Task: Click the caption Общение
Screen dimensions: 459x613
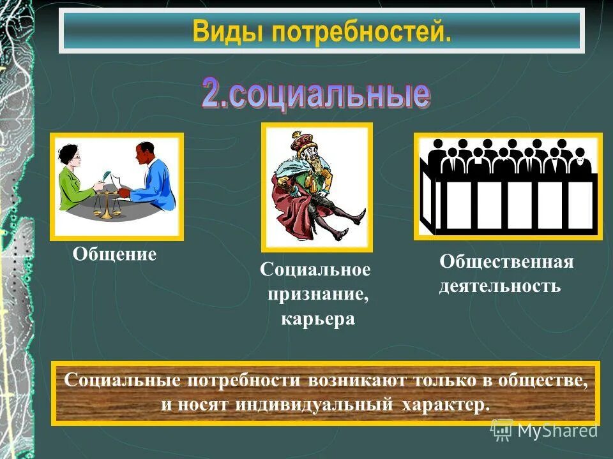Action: [x=115, y=255]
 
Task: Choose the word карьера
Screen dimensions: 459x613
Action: [x=317, y=318]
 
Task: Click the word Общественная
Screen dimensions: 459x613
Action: [x=506, y=262]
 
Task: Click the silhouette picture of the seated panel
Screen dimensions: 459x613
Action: [x=508, y=186]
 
